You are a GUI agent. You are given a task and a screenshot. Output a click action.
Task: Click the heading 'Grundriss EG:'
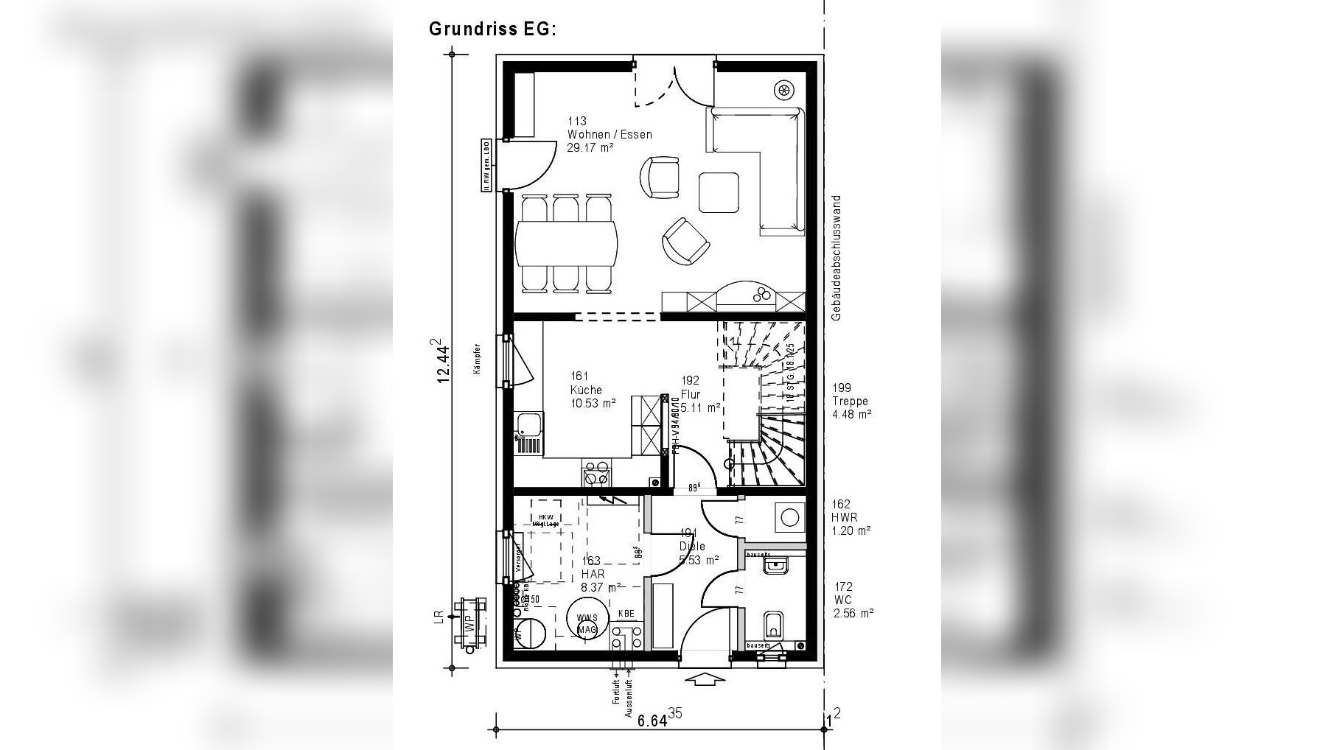492,29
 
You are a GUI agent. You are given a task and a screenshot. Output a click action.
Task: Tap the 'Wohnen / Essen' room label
609,135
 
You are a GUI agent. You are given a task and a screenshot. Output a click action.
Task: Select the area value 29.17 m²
590,147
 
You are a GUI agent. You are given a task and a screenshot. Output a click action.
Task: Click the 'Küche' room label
585,390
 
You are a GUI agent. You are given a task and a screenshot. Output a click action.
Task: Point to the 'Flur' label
690,394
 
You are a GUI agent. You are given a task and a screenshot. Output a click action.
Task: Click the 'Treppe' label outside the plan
850,402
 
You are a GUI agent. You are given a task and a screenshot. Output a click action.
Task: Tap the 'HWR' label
845,517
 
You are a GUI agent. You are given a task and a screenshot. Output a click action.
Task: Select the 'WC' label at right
843,600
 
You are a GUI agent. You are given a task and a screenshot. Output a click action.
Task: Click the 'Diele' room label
692,547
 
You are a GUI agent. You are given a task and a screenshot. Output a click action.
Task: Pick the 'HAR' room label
593,574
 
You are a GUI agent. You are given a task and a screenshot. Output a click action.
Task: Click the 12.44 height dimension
442,361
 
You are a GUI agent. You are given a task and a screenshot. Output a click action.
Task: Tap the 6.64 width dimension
653,719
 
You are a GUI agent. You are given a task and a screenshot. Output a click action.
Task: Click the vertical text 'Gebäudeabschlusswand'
836,258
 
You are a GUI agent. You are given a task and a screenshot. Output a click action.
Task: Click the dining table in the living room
566,243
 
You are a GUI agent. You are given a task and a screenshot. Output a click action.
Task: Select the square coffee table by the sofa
719,192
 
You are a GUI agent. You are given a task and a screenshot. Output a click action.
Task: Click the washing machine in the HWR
789,517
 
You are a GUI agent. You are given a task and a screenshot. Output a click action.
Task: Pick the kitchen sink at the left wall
528,424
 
